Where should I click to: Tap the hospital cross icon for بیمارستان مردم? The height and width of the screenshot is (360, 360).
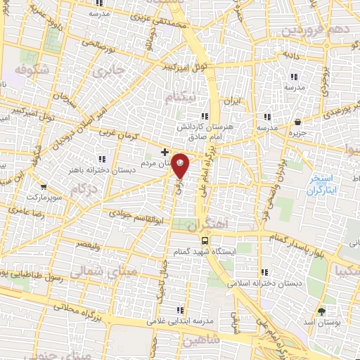(x=165, y=152)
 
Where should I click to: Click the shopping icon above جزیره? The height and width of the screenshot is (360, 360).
(x=297, y=121)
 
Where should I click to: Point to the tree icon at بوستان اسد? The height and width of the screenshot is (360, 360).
(x=323, y=309)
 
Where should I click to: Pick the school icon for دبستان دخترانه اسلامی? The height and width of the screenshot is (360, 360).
(x=264, y=272)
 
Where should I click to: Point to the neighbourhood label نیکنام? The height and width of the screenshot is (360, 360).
(x=183, y=97)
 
